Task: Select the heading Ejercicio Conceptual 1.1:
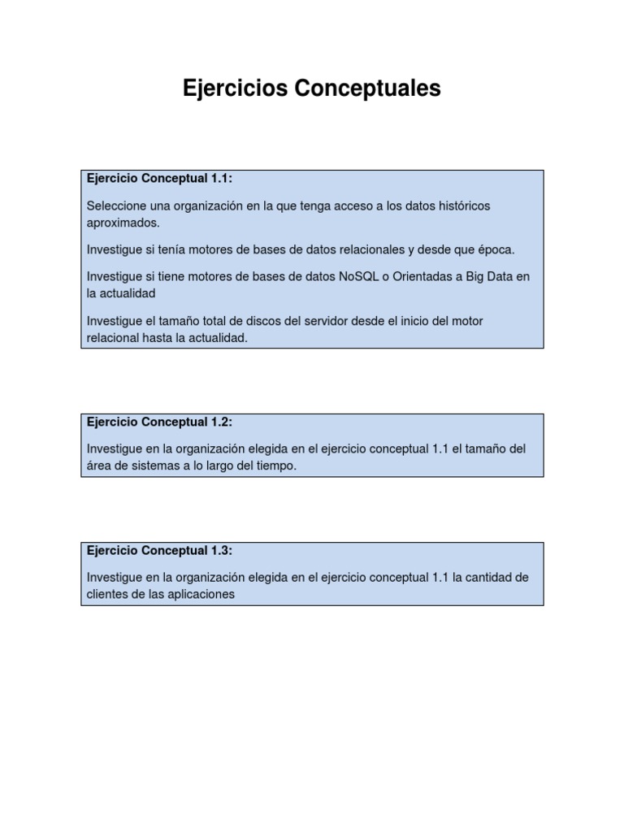click(159, 179)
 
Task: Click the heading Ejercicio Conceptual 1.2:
click(159, 422)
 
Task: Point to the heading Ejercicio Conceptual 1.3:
click(159, 551)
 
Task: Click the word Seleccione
click(116, 206)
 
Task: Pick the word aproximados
click(123, 222)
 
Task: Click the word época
click(494, 249)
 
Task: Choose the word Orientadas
click(423, 277)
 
